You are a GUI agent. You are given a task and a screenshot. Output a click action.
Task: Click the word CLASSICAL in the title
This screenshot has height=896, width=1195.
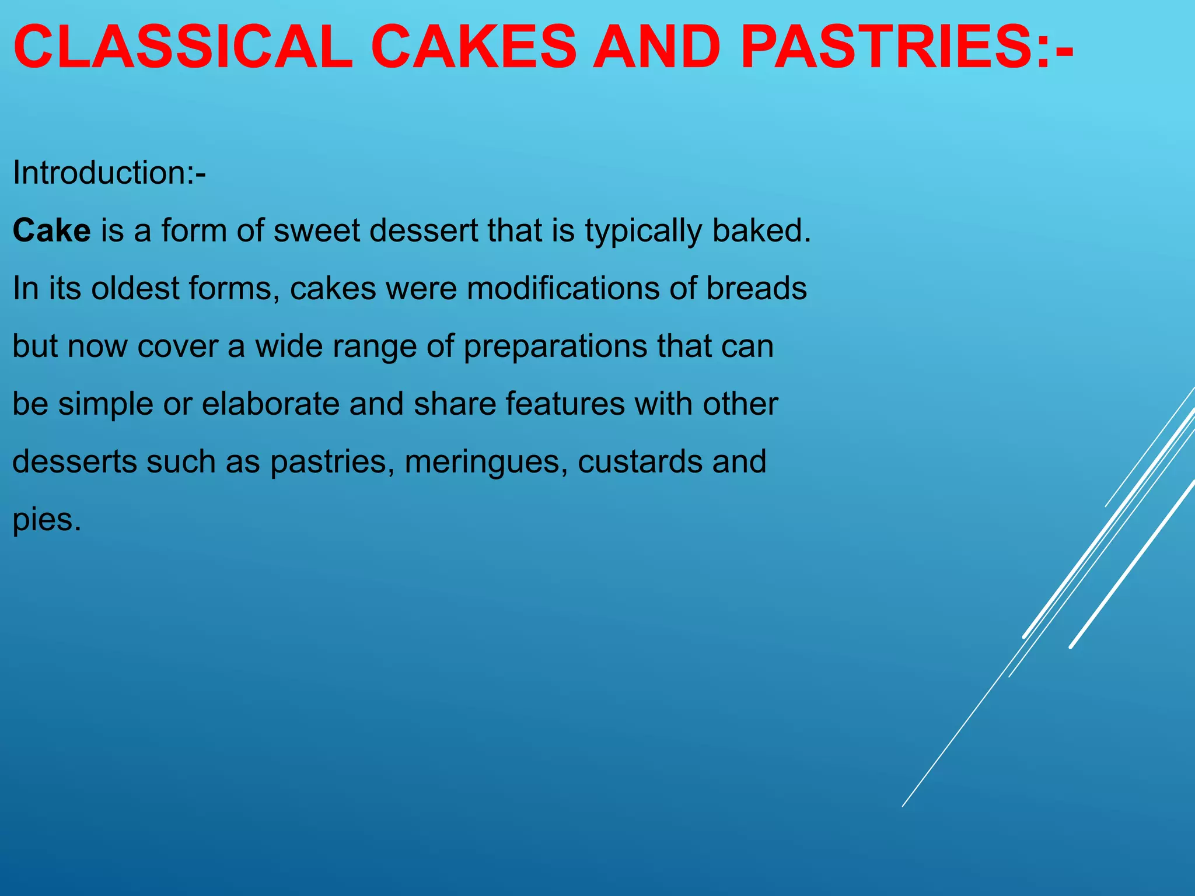click(183, 47)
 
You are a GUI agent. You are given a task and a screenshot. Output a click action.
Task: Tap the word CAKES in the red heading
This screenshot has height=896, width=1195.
click(473, 47)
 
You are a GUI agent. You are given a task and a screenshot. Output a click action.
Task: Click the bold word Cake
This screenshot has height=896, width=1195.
click(51, 230)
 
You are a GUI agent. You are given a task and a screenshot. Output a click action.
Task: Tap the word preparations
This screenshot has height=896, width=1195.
click(555, 347)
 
